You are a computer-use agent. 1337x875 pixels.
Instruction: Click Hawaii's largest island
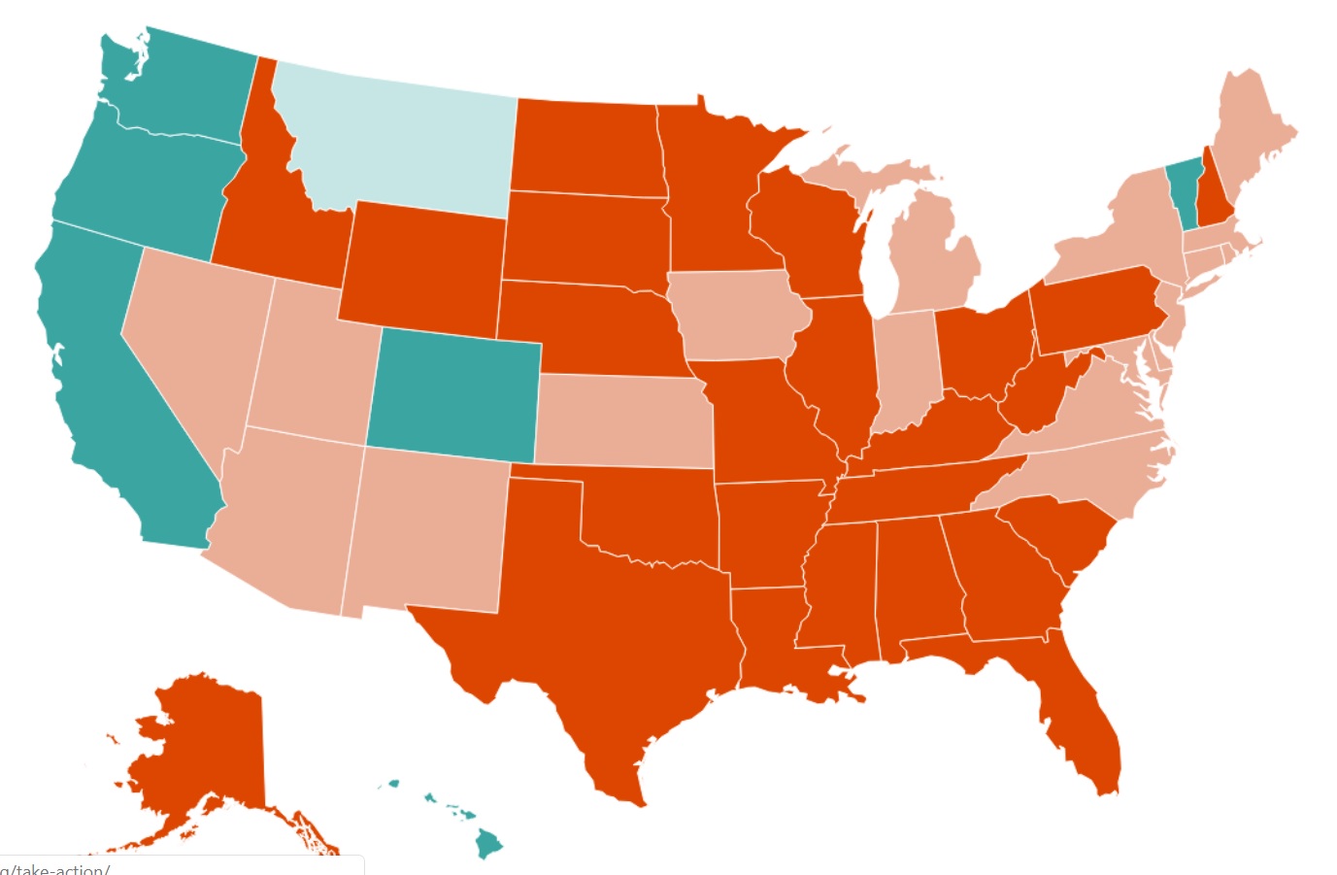coord(488,843)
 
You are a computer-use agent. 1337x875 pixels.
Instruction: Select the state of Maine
coord(1253,136)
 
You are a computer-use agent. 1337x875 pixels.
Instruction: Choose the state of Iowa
coord(738,316)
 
